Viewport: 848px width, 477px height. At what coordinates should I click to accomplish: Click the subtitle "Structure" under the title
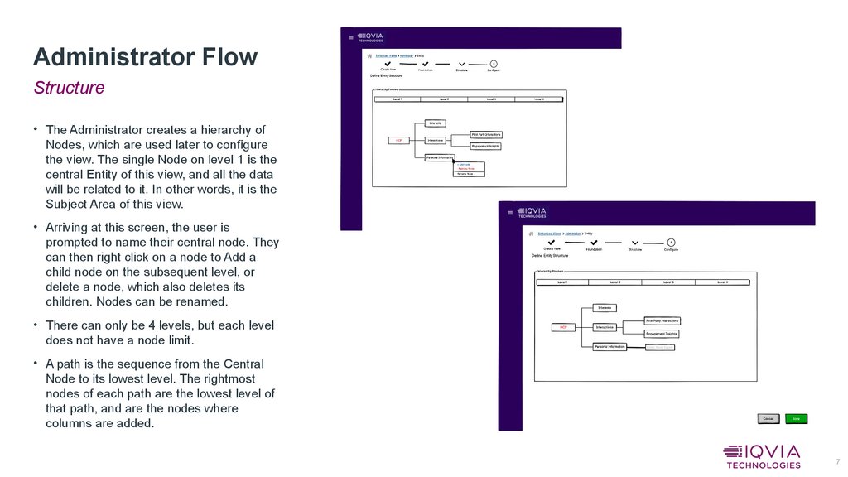click(69, 88)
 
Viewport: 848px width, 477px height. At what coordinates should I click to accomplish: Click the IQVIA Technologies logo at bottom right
click(762, 456)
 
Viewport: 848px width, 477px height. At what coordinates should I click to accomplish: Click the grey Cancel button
click(768, 419)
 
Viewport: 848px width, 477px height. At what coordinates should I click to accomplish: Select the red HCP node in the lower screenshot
click(563, 327)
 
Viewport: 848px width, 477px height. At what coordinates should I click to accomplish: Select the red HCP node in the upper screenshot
click(398, 140)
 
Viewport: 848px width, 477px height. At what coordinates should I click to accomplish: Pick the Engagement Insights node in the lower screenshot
click(662, 333)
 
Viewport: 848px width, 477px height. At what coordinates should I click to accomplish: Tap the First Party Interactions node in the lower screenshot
click(662, 320)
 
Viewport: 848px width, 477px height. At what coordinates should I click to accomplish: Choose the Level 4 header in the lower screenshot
click(722, 282)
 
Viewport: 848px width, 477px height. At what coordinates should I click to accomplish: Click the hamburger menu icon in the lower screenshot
click(510, 213)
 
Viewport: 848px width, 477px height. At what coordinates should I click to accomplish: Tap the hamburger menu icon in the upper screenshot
click(351, 37)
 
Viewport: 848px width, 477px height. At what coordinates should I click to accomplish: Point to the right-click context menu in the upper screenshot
click(470, 170)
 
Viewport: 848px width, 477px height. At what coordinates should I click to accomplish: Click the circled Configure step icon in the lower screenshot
click(672, 242)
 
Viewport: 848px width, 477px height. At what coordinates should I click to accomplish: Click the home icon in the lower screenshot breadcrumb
click(530, 234)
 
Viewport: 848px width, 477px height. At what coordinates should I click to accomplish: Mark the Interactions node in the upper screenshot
click(436, 140)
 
